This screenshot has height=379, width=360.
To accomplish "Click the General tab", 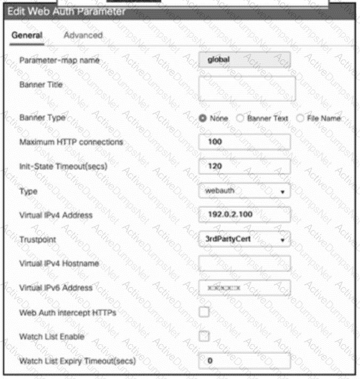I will (27, 35).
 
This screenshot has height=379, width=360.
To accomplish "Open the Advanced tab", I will (83, 35).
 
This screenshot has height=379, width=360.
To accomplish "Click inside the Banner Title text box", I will (246, 88).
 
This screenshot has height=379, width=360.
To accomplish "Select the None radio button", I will (203, 118).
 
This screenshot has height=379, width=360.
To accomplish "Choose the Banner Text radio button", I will (242, 118).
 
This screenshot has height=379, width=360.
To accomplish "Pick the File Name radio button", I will (301, 118).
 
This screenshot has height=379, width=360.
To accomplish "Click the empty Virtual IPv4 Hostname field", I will (244, 263).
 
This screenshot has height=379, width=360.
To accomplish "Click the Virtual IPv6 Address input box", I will (244, 288).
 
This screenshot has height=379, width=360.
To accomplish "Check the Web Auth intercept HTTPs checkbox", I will (204, 312).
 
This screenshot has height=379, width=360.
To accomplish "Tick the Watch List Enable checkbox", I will (204, 336).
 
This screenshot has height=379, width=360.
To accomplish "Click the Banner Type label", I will (41, 118).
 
